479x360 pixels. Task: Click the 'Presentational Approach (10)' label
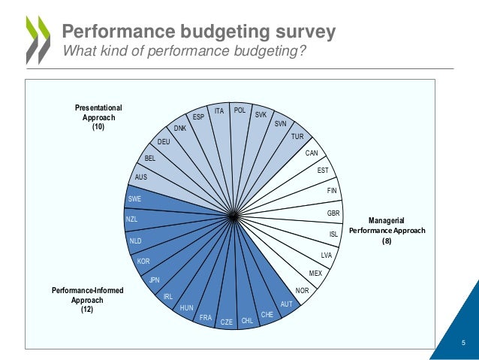point(98,118)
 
